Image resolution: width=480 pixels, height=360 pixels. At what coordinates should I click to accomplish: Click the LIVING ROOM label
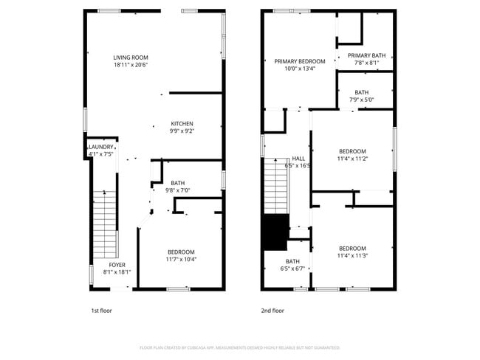[131, 58]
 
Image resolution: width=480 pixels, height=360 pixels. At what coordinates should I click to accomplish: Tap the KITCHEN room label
[182, 123]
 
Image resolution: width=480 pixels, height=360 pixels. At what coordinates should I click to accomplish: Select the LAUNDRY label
[101, 147]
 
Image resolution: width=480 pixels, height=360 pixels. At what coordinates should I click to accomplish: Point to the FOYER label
[117, 264]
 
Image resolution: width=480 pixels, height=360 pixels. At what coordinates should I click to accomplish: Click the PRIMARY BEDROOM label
[300, 61]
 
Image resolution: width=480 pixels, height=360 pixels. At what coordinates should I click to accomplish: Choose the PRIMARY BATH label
[366, 55]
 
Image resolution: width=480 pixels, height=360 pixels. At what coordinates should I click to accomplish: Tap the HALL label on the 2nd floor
[298, 159]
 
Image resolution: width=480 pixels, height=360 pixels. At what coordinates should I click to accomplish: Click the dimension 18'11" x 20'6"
[131, 65]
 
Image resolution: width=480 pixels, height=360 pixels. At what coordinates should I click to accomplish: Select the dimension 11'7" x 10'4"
[181, 259]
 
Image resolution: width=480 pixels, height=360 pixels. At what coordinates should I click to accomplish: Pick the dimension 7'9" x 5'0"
[361, 100]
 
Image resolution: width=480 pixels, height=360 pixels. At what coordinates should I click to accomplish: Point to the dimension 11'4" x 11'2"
[352, 159]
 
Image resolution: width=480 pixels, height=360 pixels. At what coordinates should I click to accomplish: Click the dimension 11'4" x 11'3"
[352, 256]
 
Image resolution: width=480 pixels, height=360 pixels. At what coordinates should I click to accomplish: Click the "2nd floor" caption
[272, 311]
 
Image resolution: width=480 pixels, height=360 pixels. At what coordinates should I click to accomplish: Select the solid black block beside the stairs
[276, 233]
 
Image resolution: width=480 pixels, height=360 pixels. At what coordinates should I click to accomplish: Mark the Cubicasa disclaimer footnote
[239, 347]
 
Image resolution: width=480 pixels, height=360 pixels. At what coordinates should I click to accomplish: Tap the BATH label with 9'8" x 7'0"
[178, 183]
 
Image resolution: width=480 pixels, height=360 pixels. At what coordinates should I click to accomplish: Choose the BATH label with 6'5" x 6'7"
[293, 261]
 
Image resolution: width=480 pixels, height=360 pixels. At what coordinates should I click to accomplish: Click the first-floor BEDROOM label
[181, 252]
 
